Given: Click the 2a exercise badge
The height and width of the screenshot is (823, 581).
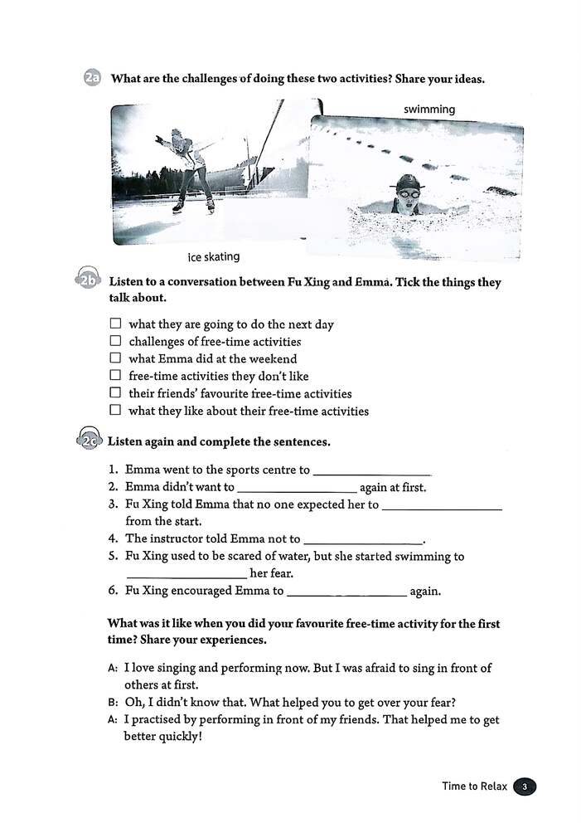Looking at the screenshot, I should coord(92,79).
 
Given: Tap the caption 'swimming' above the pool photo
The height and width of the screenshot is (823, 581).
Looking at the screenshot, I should coord(429,110).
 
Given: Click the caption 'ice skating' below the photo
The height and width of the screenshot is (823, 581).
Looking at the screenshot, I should coord(214,256).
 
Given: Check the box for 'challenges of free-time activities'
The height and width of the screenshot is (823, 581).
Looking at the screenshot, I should coord(115,341).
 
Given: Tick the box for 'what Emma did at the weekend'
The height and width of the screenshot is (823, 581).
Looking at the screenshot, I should coord(115,358).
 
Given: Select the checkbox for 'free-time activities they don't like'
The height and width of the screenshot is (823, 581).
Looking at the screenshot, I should coord(115,376).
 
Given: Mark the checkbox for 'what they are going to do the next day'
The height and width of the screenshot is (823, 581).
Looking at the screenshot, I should coord(115,324).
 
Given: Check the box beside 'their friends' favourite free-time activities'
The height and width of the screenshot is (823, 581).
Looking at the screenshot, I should coord(115,392).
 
